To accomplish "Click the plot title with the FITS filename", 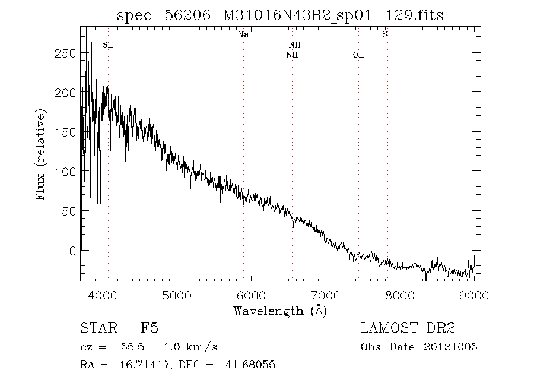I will coord(280,15).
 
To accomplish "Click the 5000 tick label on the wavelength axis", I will coord(177,295).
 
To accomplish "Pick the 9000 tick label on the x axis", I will coord(474,295).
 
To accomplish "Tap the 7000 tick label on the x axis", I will coord(326,295).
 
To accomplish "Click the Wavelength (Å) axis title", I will coord(280,310).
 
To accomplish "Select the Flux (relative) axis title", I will coord(41,154).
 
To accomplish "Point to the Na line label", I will coord(243,34).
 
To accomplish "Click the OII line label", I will coord(358,55).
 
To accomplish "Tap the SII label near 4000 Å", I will coord(108,45).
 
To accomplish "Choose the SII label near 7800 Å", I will coord(387,34).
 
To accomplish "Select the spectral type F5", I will coord(149,328).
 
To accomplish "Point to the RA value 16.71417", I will coord(133,364).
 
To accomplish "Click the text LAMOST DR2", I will coord(408,328).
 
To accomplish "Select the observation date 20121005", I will coord(452,347).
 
